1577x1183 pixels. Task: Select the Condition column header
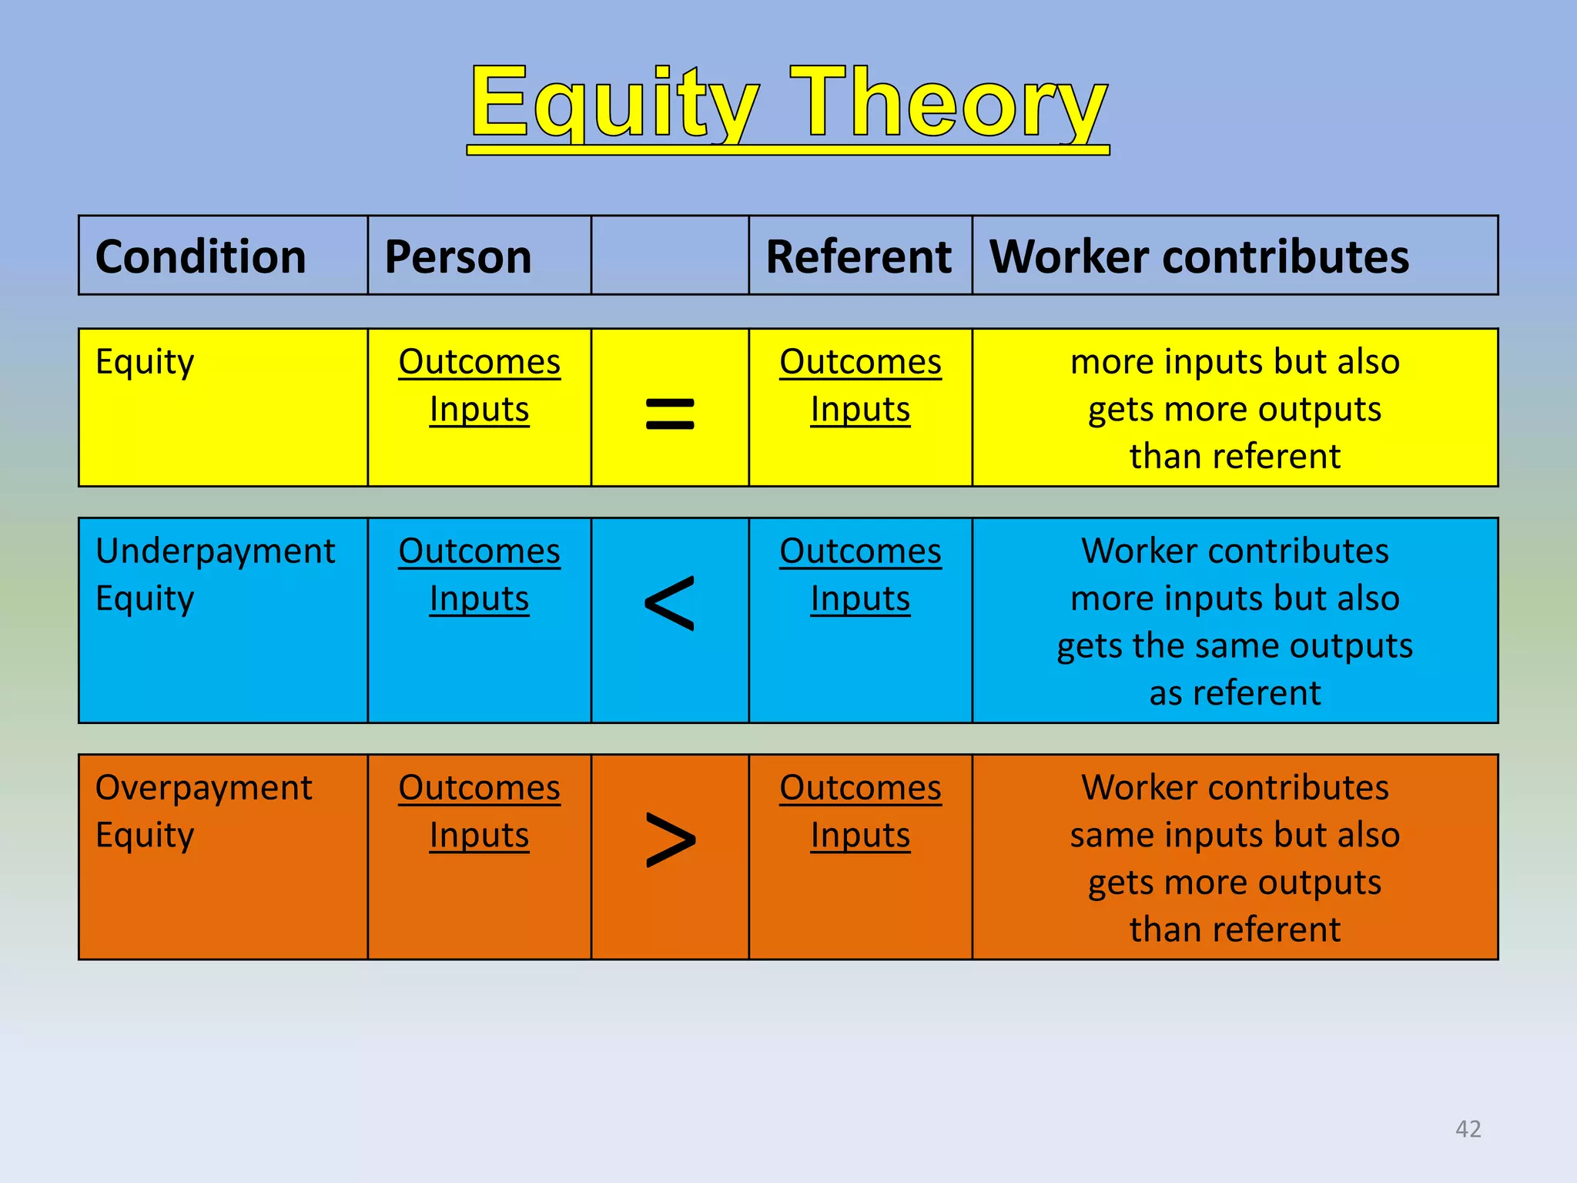pos(200,256)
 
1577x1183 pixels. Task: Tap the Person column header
pos(458,256)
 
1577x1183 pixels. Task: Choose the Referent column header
pos(859,256)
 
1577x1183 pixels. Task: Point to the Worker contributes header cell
pos(1199,256)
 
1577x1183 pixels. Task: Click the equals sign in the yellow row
pos(669,413)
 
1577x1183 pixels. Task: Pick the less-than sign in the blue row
pos(669,604)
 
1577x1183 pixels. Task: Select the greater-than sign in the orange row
pos(669,840)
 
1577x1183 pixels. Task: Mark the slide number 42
pos(1468,1129)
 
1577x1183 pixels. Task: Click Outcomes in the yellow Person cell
pos(479,362)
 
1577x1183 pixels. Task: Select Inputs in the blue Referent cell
pos(860,599)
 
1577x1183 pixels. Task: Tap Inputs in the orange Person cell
pos(479,836)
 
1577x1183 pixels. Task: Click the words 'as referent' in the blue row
pos(1234,693)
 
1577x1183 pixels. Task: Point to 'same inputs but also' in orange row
pos(1234,836)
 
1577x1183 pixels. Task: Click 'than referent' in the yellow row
pos(1234,457)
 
